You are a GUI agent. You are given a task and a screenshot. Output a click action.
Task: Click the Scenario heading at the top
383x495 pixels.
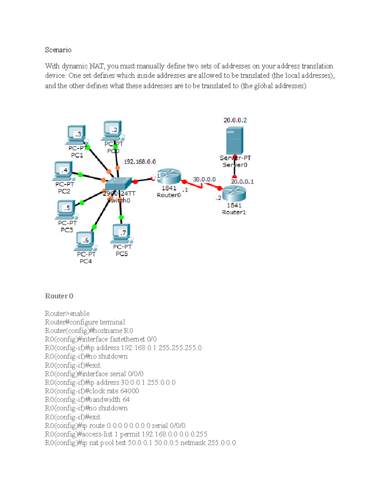click(x=58, y=50)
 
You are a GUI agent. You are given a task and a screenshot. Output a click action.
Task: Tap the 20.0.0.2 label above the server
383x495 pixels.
click(x=235, y=120)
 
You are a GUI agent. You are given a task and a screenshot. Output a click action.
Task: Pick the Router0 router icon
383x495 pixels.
click(x=169, y=176)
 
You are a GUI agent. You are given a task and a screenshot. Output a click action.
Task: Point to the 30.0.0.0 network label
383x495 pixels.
click(x=204, y=179)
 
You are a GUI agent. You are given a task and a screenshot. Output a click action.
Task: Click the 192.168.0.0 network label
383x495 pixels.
click(x=140, y=162)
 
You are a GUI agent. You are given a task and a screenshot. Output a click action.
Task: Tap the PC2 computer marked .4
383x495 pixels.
click(x=64, y=171)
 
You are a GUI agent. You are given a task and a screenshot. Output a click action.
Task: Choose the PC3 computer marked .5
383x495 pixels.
click(x=66, y=209)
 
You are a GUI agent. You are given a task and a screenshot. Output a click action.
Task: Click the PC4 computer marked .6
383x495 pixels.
click(x=85, y=241)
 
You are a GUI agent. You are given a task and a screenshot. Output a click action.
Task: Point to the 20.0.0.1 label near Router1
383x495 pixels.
click(x=242, y=182)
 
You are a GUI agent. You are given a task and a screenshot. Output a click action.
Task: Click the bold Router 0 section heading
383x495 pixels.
click(x=59, y=296)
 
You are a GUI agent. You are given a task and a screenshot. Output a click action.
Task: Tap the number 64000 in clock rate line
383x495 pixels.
click(x=130, y=391)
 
